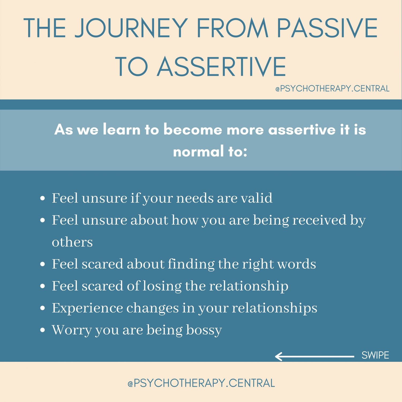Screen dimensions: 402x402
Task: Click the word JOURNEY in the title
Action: [131, 28]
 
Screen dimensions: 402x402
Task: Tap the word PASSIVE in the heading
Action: [327, 28]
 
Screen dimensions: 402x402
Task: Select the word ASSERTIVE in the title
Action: [221, 67]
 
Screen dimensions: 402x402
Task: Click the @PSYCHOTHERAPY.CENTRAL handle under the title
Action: [332, 89]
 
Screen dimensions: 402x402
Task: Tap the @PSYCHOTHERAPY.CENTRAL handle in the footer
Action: [201, 383]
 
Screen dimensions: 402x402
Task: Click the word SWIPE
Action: [375, 355]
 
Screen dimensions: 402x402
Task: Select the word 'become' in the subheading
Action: [193, 130]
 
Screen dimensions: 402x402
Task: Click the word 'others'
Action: [72, 242]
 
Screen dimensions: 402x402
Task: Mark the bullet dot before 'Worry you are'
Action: [42, 330]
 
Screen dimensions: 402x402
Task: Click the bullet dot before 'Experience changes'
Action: [42, 308]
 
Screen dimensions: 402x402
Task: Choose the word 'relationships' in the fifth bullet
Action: [274, 308]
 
